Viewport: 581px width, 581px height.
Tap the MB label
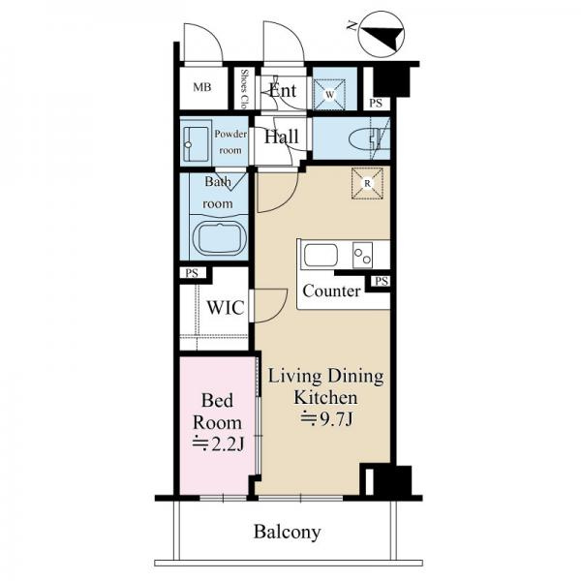click(202, 87)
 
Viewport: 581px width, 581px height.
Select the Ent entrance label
click(283, 90)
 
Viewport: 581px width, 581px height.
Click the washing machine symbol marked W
click(329, 94)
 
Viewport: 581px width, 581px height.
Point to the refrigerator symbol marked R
click(367, 183)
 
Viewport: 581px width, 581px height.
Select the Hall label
click(281, 137)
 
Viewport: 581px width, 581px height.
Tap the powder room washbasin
click(196, 143)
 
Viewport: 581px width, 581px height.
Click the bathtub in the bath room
click(218, 238)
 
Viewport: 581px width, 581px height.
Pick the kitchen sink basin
click(321, 255)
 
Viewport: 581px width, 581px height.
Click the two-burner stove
click(362, 255)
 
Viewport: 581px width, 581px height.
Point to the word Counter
click(331, 290)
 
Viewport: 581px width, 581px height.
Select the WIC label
click(226, 308)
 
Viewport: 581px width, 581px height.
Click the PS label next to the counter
click(382, 281)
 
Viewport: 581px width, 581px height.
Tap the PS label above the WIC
click(192, 273)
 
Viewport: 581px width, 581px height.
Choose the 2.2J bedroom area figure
click(218, 444)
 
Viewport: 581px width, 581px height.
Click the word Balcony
click(288, 533)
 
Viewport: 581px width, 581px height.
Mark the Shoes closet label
click(244, 89)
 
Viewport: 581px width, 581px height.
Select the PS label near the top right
click(376, 103)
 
